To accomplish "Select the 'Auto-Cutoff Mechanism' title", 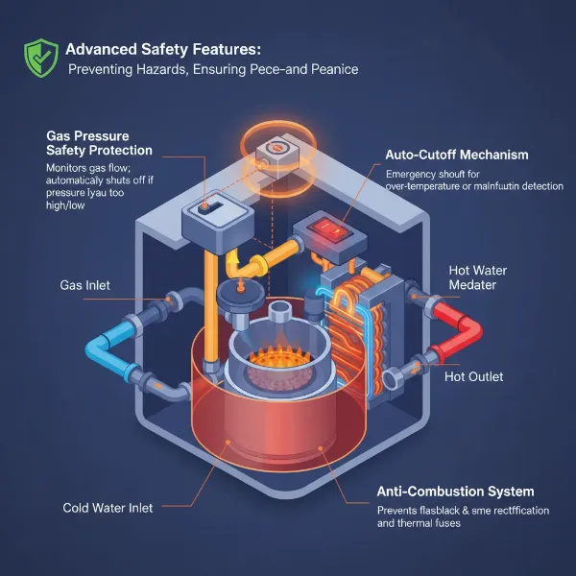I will (456, 155).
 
